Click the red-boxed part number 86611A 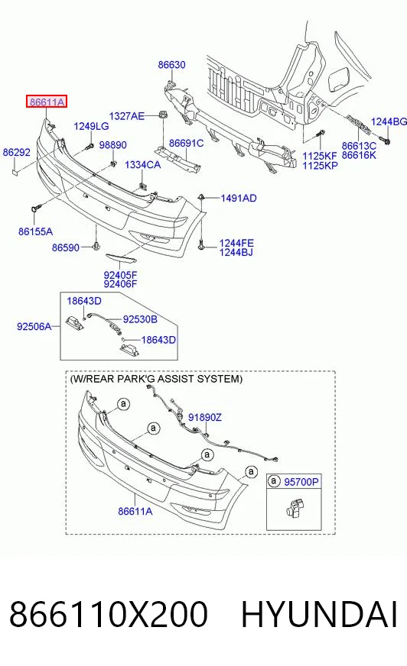[47, 102]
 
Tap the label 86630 [172, 65]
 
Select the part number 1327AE [127, 116]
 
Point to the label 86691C [186, 143]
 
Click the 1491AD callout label [239, 199]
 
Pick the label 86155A [36, 231]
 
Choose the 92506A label [34, 326]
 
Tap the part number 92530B [140, 319]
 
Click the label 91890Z [204, 418]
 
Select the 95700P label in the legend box [301, 482]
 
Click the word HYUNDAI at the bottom [319, 614]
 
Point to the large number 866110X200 [109, 614]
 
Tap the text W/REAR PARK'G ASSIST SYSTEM [156, 379]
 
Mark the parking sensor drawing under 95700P [294, 509]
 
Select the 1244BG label [389, 122]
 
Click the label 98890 [112, 145]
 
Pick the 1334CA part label [142, 165]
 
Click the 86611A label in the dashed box [135, 512]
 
